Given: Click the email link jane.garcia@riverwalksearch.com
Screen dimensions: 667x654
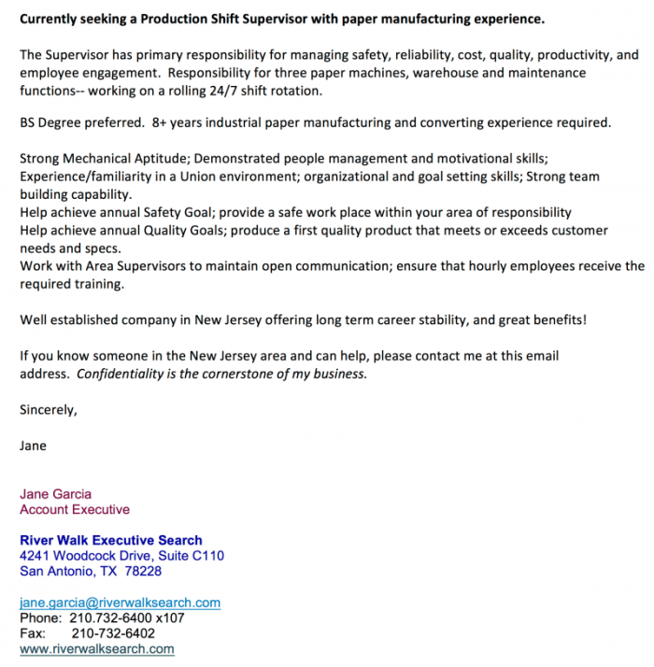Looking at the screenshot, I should point(120,603).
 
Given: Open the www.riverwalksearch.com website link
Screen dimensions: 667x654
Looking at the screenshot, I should point(97,648).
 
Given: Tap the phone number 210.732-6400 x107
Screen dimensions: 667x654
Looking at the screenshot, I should point(128,617).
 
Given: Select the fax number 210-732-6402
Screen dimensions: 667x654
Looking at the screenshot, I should point(113,632).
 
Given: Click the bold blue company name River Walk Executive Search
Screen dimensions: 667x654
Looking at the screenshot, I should point(111,540).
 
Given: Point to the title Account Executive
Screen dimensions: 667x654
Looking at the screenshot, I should point(75,509).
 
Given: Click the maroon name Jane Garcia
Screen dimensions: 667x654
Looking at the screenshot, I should point(56,494).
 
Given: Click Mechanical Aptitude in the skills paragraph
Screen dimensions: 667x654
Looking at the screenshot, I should point(122,159).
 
